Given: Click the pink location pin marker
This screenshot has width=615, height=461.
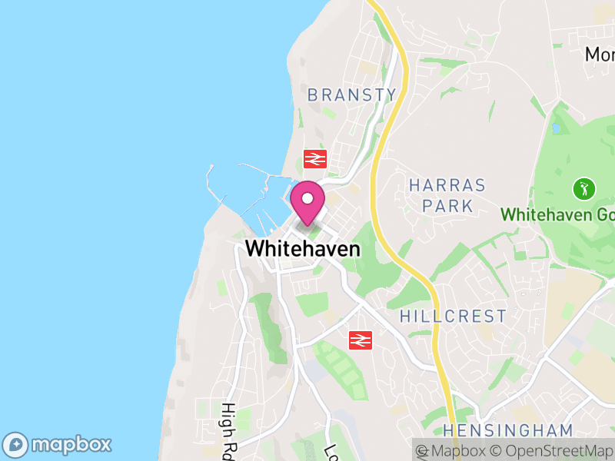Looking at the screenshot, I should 307,202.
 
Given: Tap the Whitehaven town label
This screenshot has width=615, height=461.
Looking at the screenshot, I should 302,249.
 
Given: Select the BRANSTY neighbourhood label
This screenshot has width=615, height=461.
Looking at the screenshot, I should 352,95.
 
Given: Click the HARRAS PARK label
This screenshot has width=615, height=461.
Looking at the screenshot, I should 447,195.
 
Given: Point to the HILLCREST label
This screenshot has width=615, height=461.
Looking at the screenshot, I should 454,317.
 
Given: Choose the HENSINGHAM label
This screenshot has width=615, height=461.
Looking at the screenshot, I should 507,430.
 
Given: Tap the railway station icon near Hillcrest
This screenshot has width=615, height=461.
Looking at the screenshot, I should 361,339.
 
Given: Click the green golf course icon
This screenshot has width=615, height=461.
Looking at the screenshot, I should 584,187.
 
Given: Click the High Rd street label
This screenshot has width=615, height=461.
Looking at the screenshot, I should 228,430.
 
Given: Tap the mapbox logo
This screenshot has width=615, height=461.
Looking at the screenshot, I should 58,445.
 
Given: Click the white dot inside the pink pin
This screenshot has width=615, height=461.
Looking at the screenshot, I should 307,197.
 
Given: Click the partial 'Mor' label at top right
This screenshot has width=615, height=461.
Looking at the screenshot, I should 600,55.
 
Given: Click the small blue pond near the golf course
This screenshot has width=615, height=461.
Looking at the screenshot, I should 554,127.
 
